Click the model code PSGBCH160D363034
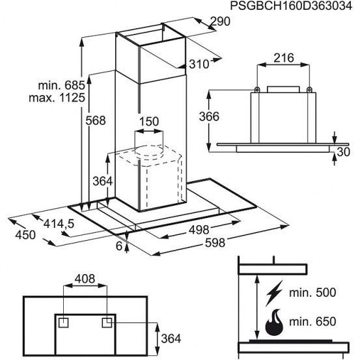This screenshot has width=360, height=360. (291, 6)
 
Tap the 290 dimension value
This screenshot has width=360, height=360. (220, 21)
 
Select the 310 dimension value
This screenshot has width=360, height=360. (199, 64)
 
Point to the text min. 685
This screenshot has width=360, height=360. (62, 85)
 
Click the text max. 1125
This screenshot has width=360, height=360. (57, 98)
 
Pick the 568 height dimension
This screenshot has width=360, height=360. (96, 120)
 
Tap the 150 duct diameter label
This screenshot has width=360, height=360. (149, 122)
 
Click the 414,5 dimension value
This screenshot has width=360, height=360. (59, 224)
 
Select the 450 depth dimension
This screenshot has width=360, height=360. (25, 235)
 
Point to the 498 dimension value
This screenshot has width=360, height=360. (199, 230)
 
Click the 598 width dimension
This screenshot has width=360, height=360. (215, 243)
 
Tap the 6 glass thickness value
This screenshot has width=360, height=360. (119, 246)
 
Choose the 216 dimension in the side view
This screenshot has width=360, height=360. (284, 58)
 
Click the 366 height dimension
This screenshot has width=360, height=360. (209, 117)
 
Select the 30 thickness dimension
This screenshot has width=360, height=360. (344, 152)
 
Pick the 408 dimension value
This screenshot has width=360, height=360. (85, 279)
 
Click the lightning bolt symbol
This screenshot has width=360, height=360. (273, 293)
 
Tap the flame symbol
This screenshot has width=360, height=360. (274, 323)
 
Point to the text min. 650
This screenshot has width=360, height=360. (312, 322)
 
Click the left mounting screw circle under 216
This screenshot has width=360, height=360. (257, 89)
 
